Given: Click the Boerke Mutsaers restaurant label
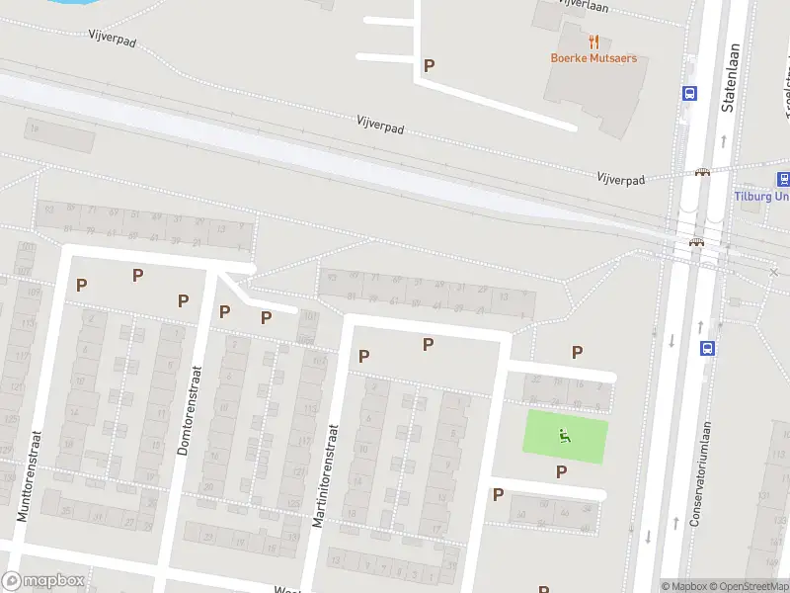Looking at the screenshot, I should [593, 58].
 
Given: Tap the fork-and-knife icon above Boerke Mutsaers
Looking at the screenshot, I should [593, 42].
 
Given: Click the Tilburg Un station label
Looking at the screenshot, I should [761, 196].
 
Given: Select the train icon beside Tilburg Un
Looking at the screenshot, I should [783, 179].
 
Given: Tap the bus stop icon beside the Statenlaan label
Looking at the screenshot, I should [688, 93].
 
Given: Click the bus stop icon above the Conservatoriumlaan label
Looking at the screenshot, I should [707, 348].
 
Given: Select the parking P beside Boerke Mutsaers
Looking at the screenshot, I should [429, 65].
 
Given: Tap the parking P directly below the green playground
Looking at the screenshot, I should [561, 471].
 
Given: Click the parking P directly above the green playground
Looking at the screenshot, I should [577, 352].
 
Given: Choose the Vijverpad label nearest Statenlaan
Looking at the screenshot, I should [620, 180].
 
